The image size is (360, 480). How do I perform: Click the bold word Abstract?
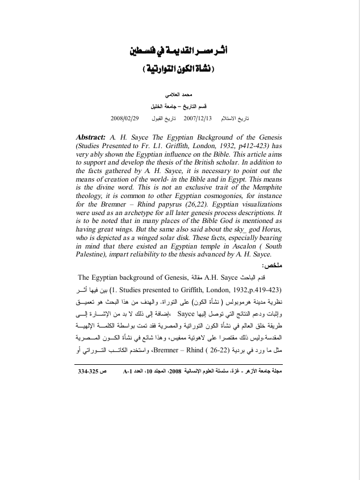[93, 138]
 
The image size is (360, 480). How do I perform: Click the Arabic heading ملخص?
[270, 266]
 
